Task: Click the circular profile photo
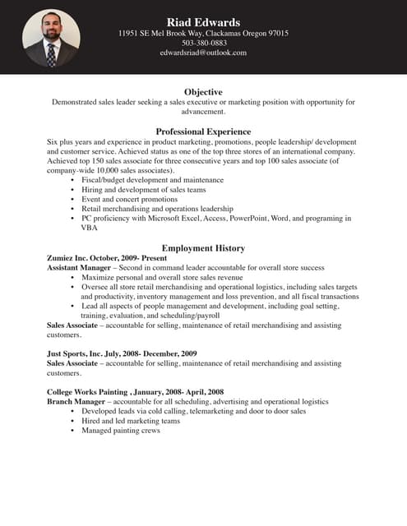point(51,38)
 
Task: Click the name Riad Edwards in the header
point(203,21)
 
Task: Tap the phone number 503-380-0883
point(203,43)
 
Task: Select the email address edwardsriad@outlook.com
point(203,53)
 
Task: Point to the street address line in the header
point(203,33)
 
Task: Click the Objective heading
point(203,91)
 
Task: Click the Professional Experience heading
point(203,131)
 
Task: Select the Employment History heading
point(203,248)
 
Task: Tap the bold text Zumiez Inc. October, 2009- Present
point(107,258)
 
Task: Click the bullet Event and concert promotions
point(129,199)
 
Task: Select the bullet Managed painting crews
point(120,431)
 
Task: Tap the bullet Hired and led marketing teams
point(130,421)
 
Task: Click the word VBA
point(89,228)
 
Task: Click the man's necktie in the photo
point(51,54)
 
